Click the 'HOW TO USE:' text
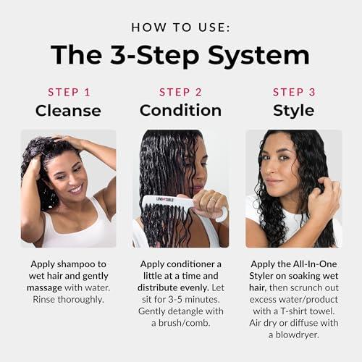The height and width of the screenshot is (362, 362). click(x=180, y=27)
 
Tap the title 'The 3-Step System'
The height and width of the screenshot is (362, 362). click(x=180, y=55)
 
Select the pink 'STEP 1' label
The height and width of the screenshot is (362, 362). click(x=69, y=92)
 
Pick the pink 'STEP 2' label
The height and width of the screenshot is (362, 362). click(x=180, y=92)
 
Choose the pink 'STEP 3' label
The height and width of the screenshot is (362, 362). click(x=293, y=92)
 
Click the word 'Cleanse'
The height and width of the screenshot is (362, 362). click(x=69, y=111)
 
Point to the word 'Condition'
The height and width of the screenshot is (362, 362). click(x=180, y=111)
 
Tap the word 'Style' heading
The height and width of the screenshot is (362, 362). click(x=293, y=111)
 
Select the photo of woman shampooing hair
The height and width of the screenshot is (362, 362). click(x=68, y=188)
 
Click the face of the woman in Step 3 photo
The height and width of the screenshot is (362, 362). click(x=279, y=170)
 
